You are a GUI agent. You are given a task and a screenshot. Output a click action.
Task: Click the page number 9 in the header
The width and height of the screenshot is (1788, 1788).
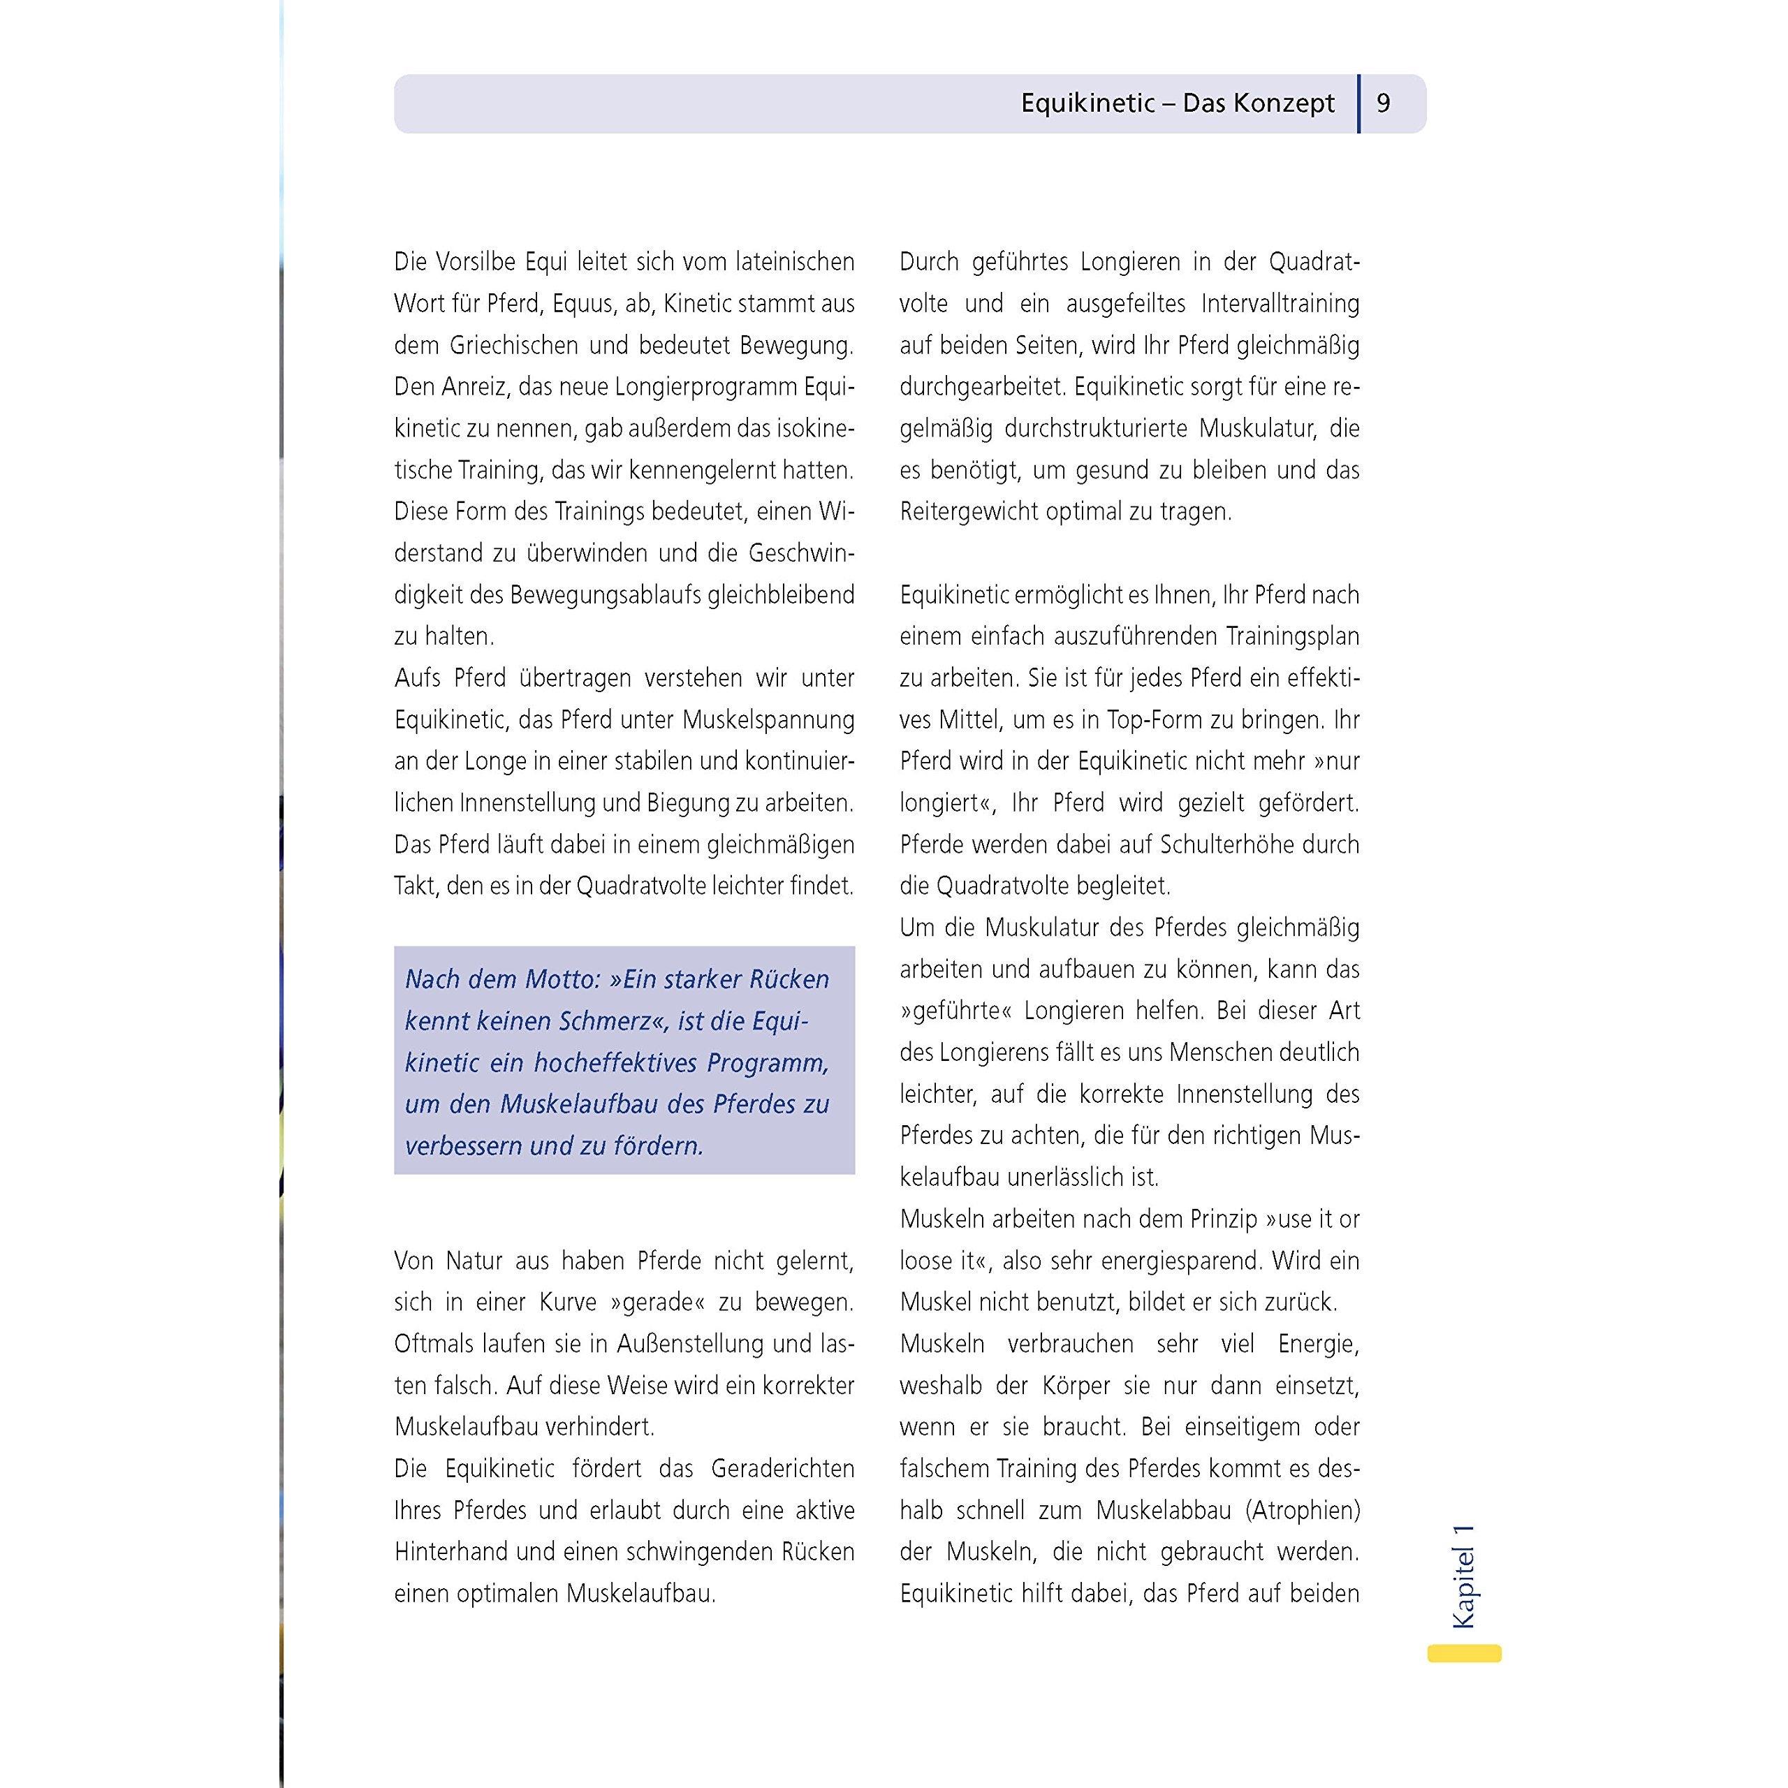[x=1384, y=103]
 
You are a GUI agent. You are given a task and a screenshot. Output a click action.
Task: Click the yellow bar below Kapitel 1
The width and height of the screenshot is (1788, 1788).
[x=1464, y=1653]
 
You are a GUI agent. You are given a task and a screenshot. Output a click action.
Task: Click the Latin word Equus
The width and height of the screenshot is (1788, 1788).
[x=583, y=304]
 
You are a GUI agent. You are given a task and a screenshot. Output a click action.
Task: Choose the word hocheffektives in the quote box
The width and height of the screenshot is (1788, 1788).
[x=615, y=1062]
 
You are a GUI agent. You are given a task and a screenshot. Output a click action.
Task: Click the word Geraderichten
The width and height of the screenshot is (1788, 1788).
[x=782, y=1469]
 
